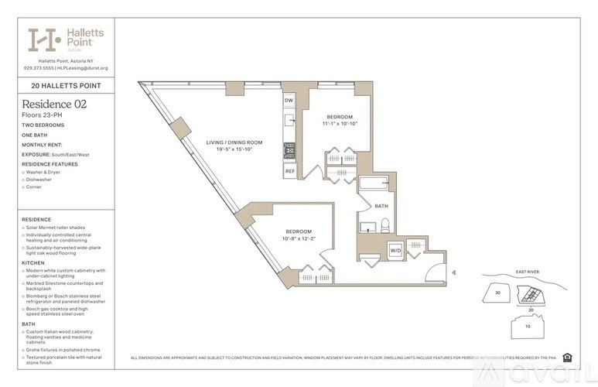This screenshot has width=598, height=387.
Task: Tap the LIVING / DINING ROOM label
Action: pyautogui.click(x=234, y=142)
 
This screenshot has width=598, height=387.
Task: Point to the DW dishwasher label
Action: pyautogui.click(x=288, y=101)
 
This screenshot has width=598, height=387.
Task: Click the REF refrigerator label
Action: pyautogui.click(x=289, y=170)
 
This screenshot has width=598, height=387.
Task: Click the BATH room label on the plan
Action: pyautogui.click(x=381, y=206)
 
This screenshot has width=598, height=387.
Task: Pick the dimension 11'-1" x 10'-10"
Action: pyautogui.click(x=340, y=123)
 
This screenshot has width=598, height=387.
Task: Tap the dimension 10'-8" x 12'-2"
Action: pyautogui.click(x=298, y=238)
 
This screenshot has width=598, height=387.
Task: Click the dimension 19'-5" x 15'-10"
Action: pyautogui.click(x=234, y=150)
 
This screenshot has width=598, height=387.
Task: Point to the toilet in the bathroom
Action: pyautogui.click(x=384, y=226)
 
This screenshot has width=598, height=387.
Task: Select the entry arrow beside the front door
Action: pyautogui.click(x=453, y=272)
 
